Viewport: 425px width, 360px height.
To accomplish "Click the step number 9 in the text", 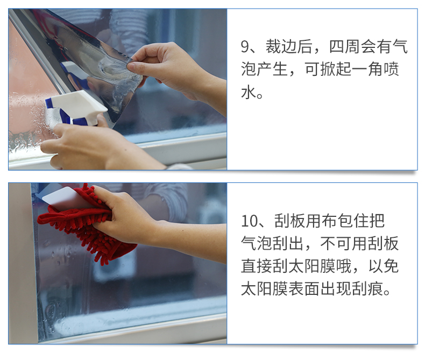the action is tap(245, 47).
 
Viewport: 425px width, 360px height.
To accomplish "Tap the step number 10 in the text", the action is tap(250, 221).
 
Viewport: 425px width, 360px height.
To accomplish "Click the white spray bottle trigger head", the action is tap(76, 108).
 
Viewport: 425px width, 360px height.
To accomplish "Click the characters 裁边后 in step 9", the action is tap(288, 47).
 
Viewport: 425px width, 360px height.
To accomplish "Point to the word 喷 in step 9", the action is tap(392, 69).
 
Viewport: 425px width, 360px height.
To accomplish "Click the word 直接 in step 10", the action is tap(257, 266).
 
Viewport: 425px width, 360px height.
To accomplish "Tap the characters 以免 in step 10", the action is tap(383, 266).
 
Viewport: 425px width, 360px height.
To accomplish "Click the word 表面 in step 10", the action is tap(304, 289).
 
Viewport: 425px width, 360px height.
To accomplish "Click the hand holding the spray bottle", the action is tap(89, 144).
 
